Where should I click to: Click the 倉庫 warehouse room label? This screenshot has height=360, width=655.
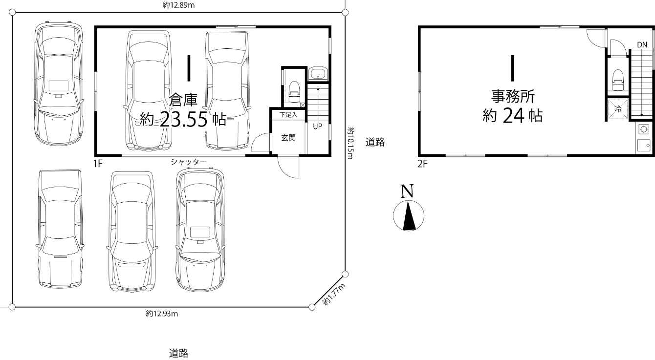183,100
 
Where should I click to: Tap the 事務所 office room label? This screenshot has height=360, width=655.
513,96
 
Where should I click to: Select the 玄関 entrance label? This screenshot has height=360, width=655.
288,138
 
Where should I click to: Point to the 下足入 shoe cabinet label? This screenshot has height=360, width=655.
288,115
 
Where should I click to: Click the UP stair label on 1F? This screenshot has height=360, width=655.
318,127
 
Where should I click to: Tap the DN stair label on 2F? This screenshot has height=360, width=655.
642,45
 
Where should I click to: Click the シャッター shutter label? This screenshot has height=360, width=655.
189,162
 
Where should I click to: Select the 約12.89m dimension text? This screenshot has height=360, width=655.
179,5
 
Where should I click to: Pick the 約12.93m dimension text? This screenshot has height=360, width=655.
162,314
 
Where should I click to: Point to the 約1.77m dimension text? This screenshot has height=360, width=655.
334,295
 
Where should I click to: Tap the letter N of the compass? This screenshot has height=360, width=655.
407,191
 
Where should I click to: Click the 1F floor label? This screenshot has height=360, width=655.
98,163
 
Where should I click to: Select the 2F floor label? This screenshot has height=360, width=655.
422,164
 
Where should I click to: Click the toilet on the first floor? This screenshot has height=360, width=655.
294,91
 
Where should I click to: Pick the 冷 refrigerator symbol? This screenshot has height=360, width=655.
618,109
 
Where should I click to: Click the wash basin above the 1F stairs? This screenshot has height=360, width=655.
318,73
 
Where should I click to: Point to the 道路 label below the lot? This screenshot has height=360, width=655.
178,354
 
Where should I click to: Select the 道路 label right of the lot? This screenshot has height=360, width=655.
375,142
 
